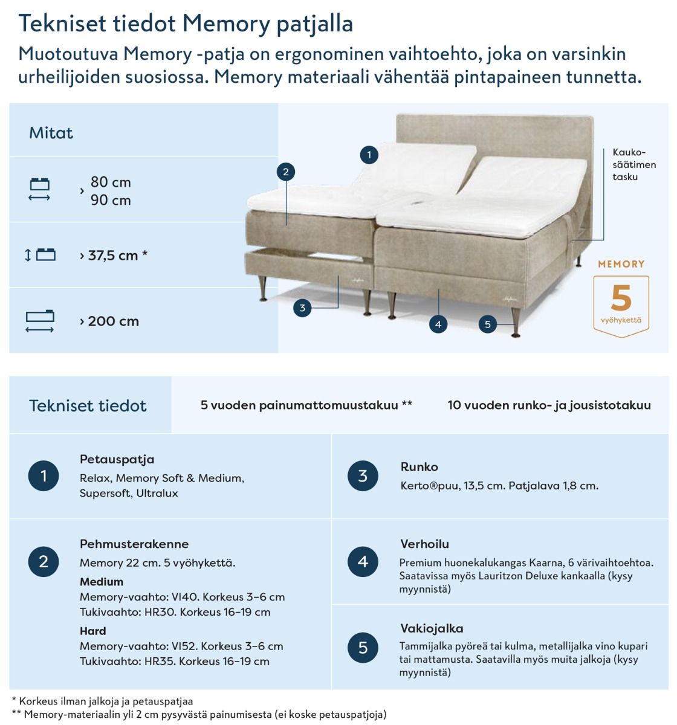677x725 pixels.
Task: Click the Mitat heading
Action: click(x=51, y=133)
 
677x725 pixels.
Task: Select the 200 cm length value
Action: click(x=114, y=321)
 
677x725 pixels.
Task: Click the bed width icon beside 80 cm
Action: click(x=39, y=190)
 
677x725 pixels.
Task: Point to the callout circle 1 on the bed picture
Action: click(x=369, y=155)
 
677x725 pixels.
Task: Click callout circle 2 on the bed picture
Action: click(x=285, y=172)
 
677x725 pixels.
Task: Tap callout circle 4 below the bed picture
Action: click(x=438, y=324)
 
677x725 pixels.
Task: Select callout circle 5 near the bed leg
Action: click(x=488, y=324)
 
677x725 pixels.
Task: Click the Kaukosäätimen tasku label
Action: click(x=633, y=165)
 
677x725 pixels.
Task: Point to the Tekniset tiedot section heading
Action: click(x=88, y=405)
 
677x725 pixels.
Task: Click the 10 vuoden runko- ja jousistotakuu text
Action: click(x=549, y=405)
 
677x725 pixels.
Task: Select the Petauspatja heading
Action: click(x=117, y=459)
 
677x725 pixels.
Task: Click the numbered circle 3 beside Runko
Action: click(x=363, y=476)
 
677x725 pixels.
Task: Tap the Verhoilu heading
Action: click(x=424, y=544)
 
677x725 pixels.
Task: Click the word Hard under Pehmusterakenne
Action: click(x=92, y=631)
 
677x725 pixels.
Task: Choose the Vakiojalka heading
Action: click(x=432, y=628)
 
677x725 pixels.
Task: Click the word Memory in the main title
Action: click(x=225, y=24)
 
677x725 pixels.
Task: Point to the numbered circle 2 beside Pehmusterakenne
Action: click(x=44, y=562)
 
